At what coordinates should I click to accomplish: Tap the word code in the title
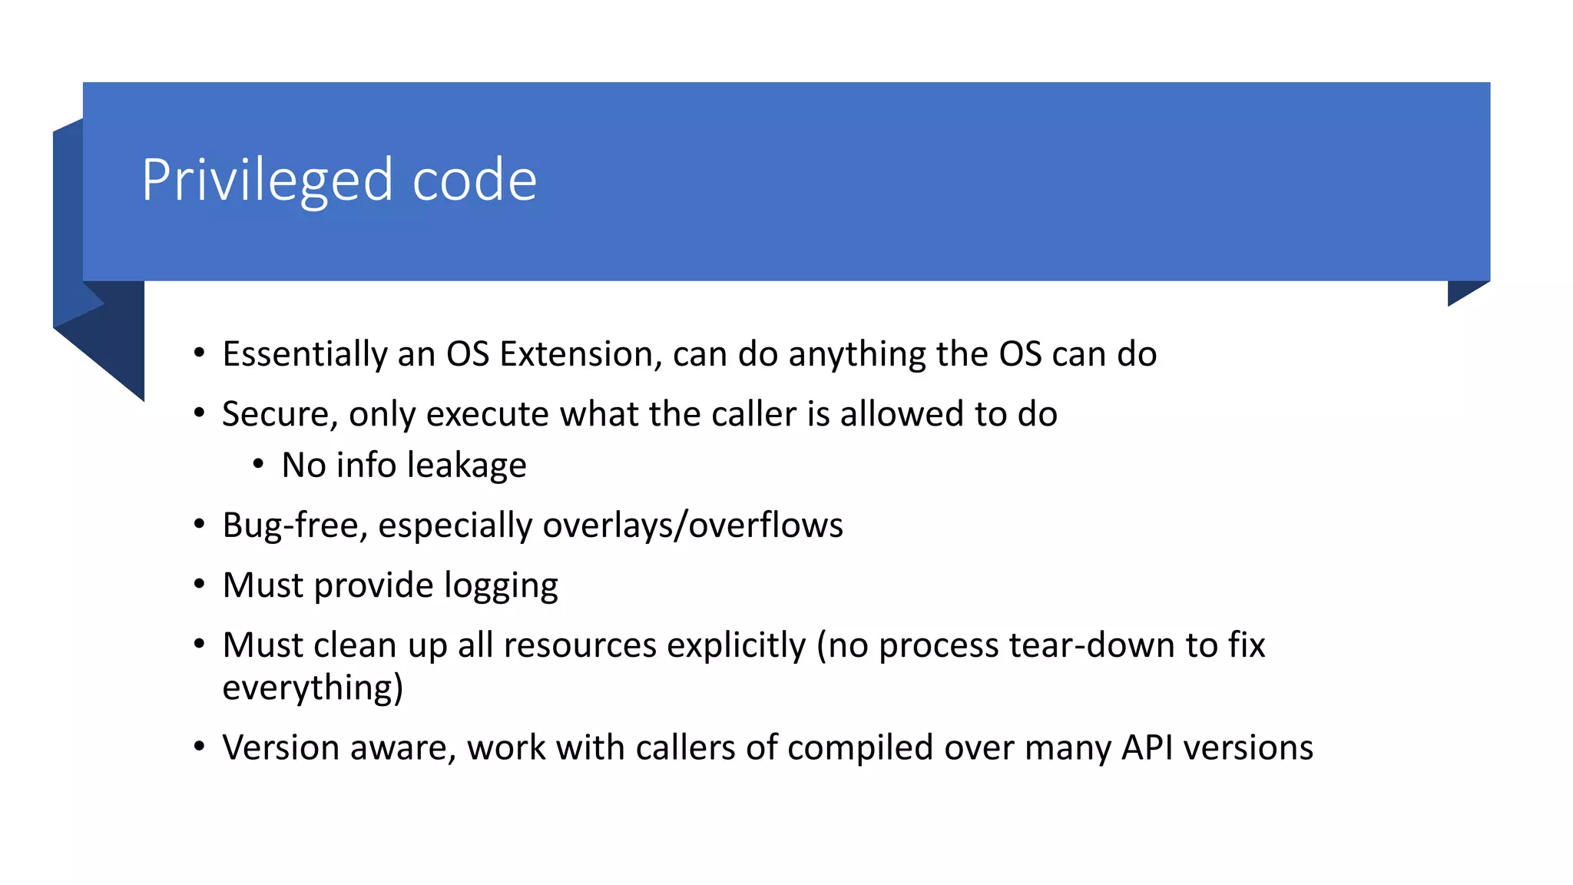tap(474, 181)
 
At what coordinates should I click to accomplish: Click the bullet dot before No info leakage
tap(258, 464)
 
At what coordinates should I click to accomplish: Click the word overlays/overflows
tap(693, 526)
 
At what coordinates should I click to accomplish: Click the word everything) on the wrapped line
tap(313, 688)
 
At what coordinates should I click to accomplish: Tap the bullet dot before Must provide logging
tap(199, 585)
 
